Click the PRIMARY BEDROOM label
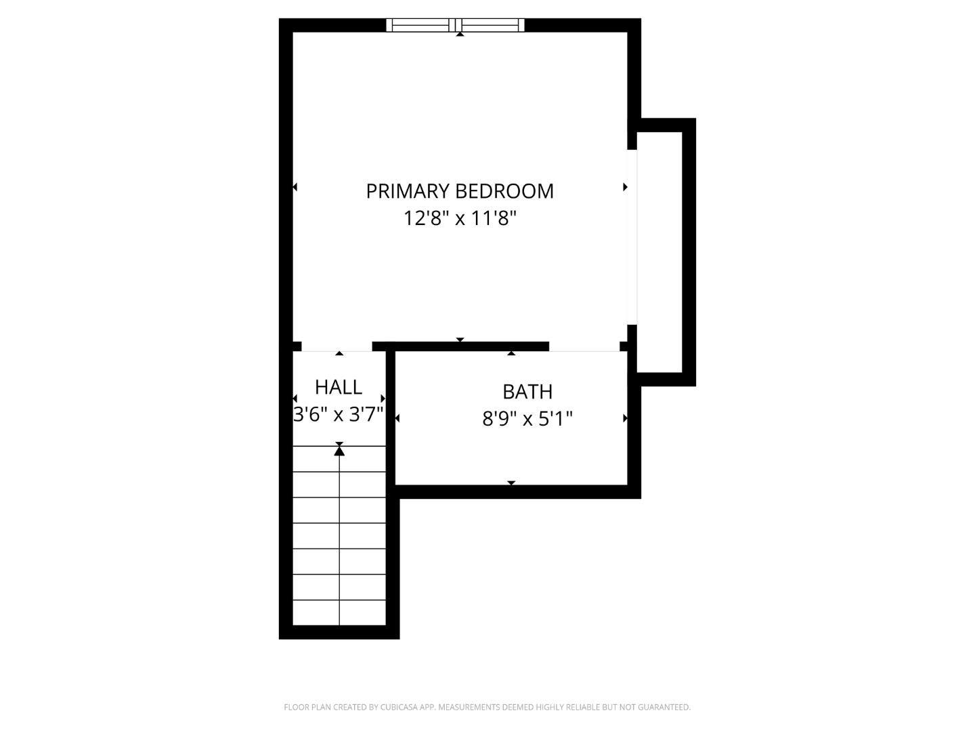(x=460, y=191)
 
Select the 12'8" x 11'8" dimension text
(x=460, y=218)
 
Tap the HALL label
(x=339, y=387)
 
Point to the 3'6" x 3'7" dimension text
(x=339, y=414)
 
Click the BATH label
(x=527, y=392)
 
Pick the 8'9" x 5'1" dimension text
(x=527, y=419)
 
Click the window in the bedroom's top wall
(x=456, y=25)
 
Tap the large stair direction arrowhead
(x=339, y=449)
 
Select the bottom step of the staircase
(x=339, y=613)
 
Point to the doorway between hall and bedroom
(x=337, y=346)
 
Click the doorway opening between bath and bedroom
(x=584, y=347)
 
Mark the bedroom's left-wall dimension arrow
(x=295, y=187)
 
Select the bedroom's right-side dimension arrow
(x=625, y=187)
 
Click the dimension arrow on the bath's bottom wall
(x=511, y=483)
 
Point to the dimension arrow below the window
(x=460, y=34)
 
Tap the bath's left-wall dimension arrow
(x=397, y=418)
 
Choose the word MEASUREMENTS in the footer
(x=469, y=708)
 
